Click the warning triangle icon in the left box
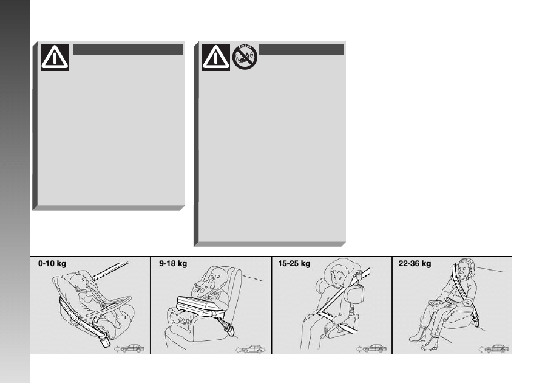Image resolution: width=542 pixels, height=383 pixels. pos(55,57)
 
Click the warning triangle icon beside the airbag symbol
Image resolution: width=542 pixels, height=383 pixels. pos(216,57)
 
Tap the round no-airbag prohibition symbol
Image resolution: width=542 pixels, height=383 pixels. pos(245,57)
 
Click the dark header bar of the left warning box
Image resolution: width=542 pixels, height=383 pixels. pos(127,49)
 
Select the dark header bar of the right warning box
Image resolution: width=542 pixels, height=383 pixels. pos(301,49)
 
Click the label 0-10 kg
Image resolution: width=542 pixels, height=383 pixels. pos(52,263)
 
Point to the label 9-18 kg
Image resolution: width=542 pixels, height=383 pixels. pos(173,263)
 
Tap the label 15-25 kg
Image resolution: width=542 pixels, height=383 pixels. pos(294,263)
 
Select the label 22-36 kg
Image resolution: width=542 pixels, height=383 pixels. pos(415,263)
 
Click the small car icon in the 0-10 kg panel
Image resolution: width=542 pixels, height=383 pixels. pos(130,348)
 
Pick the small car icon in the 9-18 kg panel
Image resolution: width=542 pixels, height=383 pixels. pos(251,349)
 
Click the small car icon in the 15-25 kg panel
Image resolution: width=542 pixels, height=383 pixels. pos(371,348)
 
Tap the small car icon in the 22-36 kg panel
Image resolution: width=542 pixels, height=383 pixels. pos(493,348)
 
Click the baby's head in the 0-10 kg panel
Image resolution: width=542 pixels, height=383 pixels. pos(82,282)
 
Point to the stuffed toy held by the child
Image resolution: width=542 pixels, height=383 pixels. pos(205,289)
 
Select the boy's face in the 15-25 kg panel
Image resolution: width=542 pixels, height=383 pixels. pos(337,275)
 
